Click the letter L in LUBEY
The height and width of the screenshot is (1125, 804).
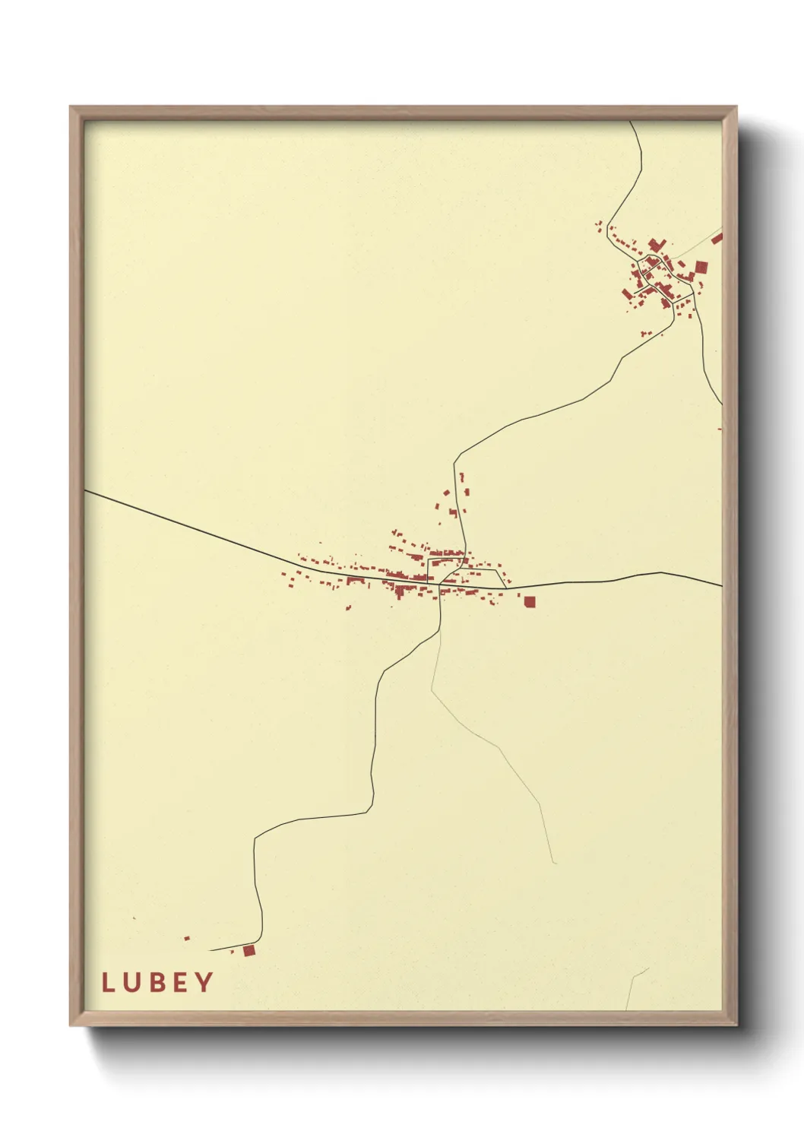tap(108, 982)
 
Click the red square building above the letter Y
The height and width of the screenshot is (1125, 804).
tap(248, 950)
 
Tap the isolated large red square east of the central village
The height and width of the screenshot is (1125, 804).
tap(530, 602)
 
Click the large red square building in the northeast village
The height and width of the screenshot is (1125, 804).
tap(701, 267)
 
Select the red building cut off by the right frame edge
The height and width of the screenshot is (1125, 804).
tap(717, 239)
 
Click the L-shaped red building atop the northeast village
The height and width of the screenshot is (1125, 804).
tap(656, 245)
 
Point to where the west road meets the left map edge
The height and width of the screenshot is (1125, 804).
tap(86, 491)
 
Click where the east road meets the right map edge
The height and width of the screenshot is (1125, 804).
tap(720, 585)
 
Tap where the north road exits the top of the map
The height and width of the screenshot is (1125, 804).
tap(631, 122)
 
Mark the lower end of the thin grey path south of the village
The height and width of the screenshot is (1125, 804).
tap(554, 863)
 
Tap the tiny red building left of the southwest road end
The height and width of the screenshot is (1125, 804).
tap(187, 938)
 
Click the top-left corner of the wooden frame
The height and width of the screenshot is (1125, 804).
tap(71, 107)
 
